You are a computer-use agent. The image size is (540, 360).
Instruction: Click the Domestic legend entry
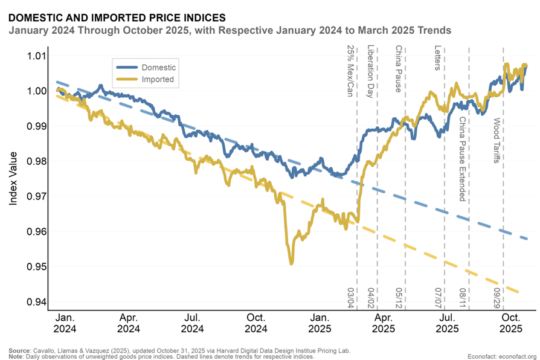[x=158, y=66]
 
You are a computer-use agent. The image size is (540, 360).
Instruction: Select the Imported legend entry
[x=157, y=79]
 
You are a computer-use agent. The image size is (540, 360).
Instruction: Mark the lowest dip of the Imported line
[x=291, y=263]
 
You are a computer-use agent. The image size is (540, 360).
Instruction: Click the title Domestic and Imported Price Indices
[x=118, y=18]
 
